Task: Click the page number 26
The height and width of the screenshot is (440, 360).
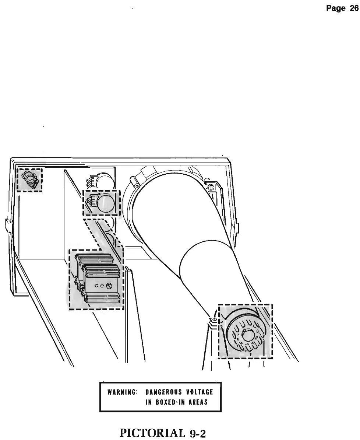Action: [353, 9]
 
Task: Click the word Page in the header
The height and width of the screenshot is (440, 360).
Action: [336, 9]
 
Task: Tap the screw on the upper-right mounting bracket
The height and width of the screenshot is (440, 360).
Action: [211, 187]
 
